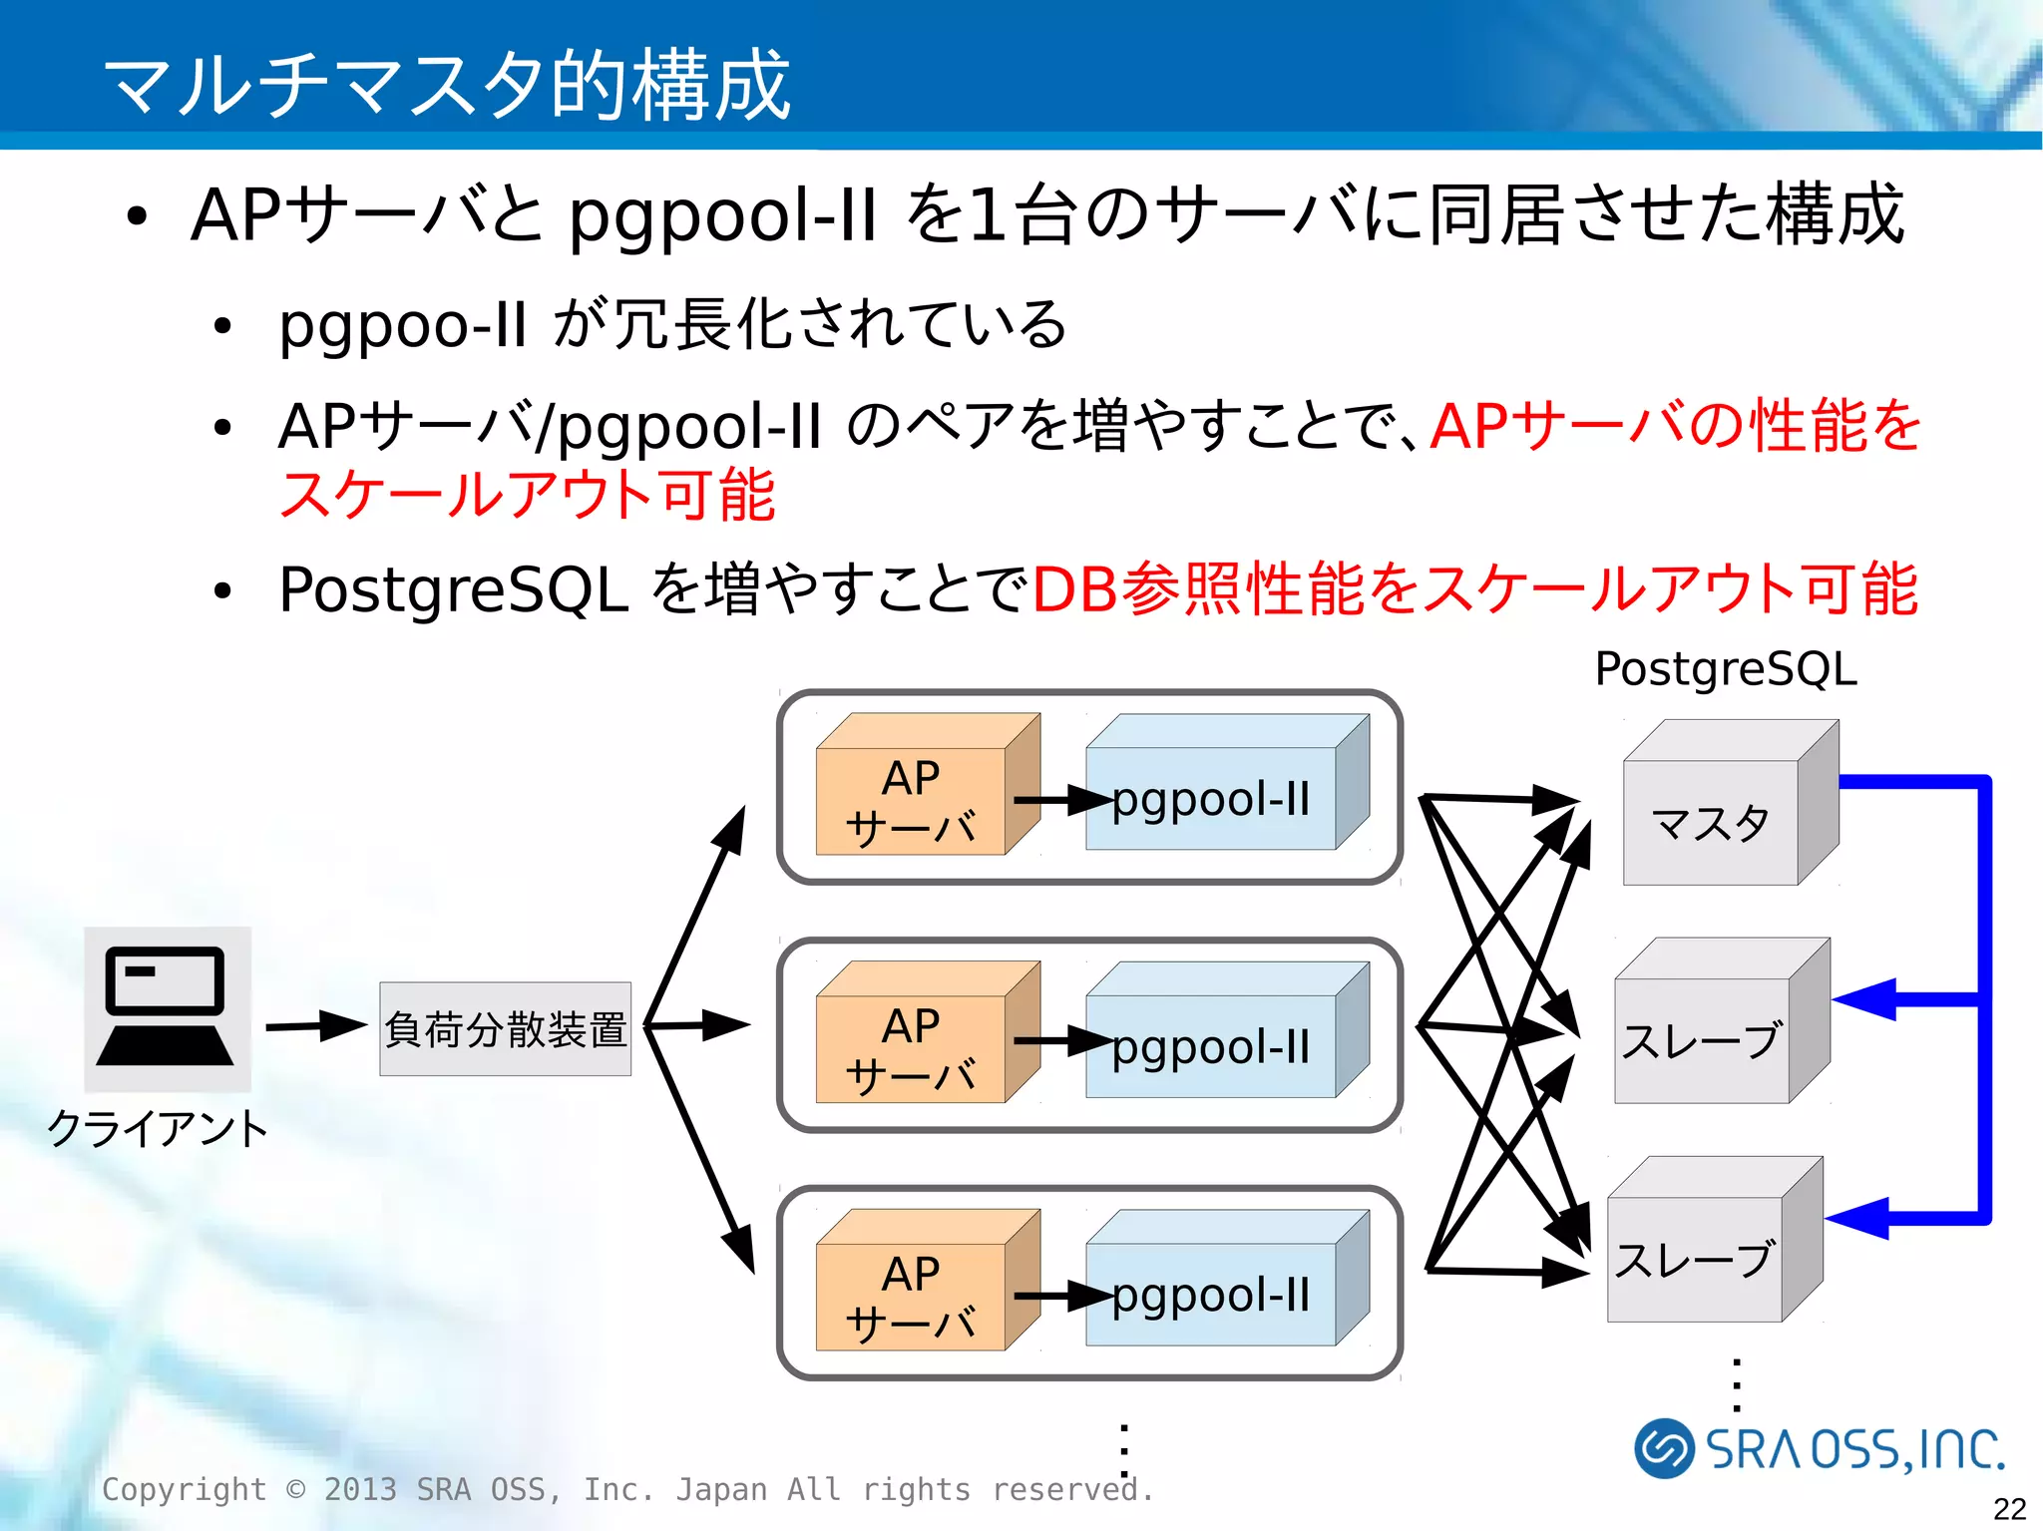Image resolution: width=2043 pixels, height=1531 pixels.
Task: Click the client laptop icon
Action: tap(167, 1008)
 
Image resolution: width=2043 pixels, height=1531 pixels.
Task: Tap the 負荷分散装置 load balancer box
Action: tap(505, 1029)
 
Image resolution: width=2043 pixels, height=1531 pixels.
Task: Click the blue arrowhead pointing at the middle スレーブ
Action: tap(1865, 998)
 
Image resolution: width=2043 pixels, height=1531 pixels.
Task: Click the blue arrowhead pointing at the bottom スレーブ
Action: tap(1858, 1218)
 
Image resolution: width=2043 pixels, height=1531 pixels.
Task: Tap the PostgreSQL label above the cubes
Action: tap(1725, 668)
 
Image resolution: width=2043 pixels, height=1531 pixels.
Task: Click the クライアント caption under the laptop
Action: tap(158, 1129)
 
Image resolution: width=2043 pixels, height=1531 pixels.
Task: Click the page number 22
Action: tap(2009, 1508)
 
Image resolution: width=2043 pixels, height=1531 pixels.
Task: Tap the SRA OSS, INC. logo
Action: tap(1819, 1449)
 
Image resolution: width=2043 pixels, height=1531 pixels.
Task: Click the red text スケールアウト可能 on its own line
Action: tap(527, 495)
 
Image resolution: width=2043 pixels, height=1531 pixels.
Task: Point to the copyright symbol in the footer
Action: tap(296, 1489)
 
